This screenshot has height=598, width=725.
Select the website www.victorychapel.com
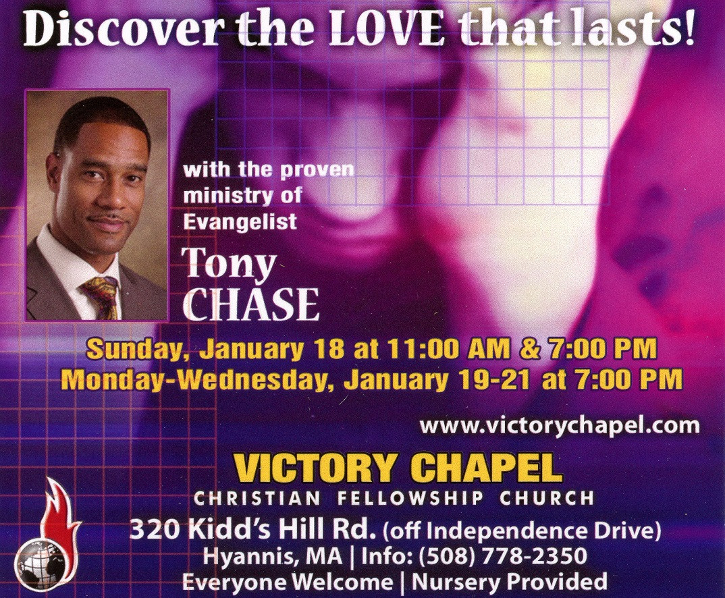click(x=559, y=425)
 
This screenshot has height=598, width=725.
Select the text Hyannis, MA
click(x=273, y=558)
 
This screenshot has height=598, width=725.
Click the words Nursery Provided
click(x=509, y=582)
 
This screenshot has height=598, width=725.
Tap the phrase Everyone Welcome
click(x=291, y=582)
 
